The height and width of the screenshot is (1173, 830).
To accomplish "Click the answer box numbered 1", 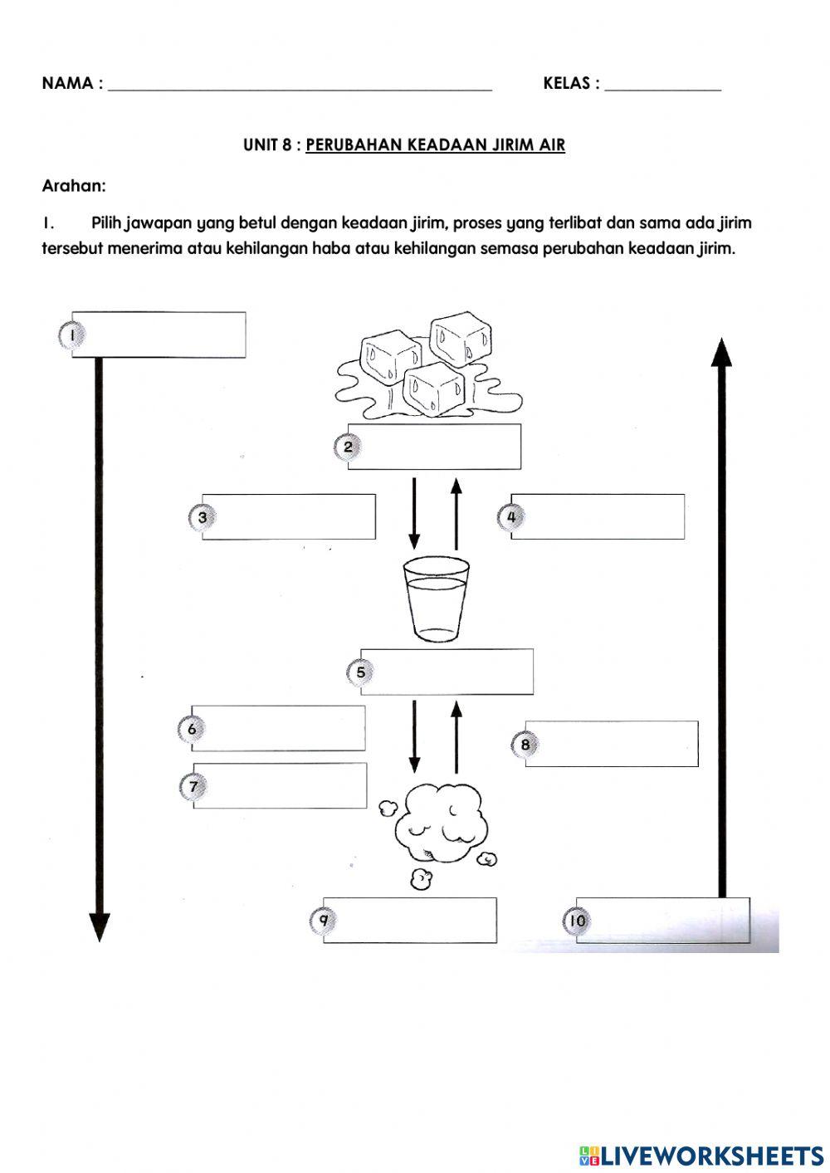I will (159, 335).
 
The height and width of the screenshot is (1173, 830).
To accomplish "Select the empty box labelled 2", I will (434, 447).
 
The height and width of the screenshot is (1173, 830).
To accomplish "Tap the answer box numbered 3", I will (289, 517).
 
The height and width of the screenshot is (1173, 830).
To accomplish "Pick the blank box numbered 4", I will (598, 516).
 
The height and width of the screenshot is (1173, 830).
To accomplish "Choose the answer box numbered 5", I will (447, 672).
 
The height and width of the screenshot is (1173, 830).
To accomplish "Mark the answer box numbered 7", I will (280, 785).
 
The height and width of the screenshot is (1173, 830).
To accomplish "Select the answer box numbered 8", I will (612, 744).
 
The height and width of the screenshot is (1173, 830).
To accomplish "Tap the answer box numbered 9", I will (410, 920).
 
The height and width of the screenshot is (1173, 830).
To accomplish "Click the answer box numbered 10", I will (663, 920).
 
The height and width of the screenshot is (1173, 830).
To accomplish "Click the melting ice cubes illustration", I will (427, 366).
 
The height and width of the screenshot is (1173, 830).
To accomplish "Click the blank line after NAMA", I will (300, 85).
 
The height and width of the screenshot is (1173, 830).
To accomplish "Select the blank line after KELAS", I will (663, 85).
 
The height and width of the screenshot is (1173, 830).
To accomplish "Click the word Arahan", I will (74, 186).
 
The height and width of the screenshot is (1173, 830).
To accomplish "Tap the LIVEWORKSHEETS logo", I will (701, 1155).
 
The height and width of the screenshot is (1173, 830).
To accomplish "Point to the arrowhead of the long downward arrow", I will (99, 926).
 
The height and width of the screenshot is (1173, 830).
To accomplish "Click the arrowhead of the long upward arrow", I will (722, 352).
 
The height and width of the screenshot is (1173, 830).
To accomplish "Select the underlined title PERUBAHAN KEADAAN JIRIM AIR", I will (435, 145).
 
